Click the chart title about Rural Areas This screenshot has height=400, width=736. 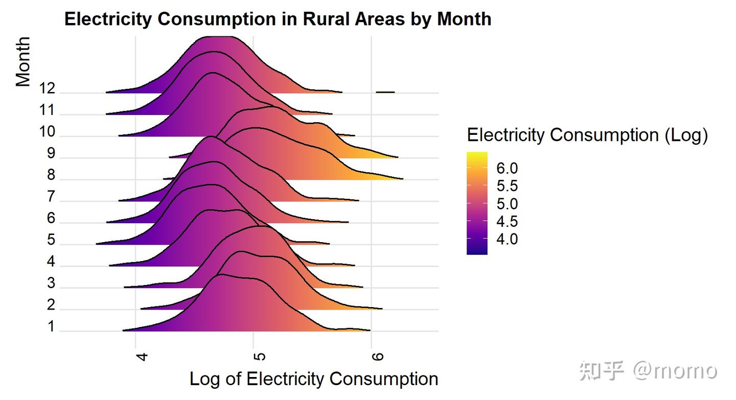pos(278,19)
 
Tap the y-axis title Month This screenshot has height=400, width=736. pos(23,61)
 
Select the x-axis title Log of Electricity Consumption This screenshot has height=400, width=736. pos(314,379)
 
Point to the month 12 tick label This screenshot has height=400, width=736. pos(47,89)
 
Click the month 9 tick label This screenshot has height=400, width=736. pos(51,154)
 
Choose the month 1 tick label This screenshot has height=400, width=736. pos(51,327)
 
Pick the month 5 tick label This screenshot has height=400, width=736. pos(51,240)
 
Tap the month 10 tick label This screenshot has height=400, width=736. pos(47,132)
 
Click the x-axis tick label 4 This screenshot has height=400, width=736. pos(142,355)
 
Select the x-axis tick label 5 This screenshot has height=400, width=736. pos(260,355)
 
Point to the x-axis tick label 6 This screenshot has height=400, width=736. pos(377,355)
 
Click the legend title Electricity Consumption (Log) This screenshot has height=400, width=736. pos(587,135)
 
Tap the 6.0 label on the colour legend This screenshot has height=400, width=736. pos(507,169)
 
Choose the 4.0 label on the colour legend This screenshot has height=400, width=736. pos(507,240)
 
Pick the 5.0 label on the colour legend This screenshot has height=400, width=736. pos(507,204)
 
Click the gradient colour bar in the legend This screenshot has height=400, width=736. pos(477,203)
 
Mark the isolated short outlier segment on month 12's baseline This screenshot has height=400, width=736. pos(385,92)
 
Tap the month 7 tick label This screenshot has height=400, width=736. pos(51,197)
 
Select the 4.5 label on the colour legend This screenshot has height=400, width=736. pos(507,222)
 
